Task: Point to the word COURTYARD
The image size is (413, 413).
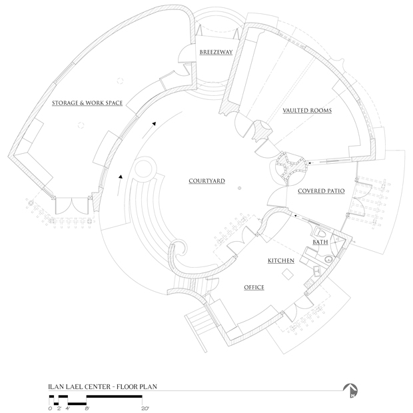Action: click(x=206, y=181)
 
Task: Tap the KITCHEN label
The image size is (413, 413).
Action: click(x=282, y=260)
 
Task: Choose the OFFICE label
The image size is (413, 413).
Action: click(x=254, y=287)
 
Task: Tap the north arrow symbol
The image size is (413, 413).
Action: click(x=350, y=392)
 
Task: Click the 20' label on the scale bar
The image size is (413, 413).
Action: click(x=145, y=408)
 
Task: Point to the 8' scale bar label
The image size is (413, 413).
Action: click(x=87, y=408)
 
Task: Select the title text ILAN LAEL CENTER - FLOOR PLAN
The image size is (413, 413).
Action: click(x=101, y=386)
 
